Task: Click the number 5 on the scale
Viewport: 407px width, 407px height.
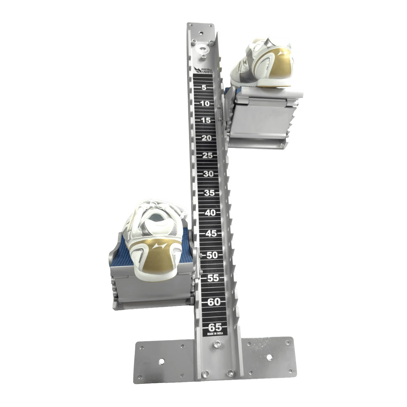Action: [x=204, y=88]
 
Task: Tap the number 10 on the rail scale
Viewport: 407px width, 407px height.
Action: [x=205, y=104]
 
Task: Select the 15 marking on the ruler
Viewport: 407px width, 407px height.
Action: [x=206, y=120]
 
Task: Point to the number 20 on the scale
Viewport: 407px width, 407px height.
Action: [x=207, y=138]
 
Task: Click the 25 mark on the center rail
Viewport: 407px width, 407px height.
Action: [x=208, y=156]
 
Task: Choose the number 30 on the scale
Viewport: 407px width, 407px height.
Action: [x=208, y=174]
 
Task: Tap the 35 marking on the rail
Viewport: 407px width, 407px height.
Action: [x=209, y=193]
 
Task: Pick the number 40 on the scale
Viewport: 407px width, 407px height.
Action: [x=210, y=213]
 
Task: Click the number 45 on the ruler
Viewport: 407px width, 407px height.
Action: [x=211, y=234]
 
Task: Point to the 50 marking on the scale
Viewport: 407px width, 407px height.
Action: [x=212, y=255]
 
